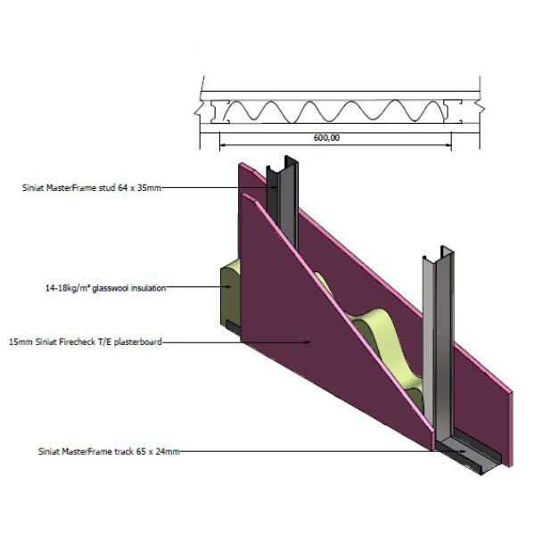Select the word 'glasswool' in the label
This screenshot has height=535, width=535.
click(108, 288)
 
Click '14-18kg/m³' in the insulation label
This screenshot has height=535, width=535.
click(64, 288)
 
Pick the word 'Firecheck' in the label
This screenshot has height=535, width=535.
click(74, 341)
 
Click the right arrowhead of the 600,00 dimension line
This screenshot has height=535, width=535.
click(444, 145)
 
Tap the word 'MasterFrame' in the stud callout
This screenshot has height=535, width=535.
click(69, 188)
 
